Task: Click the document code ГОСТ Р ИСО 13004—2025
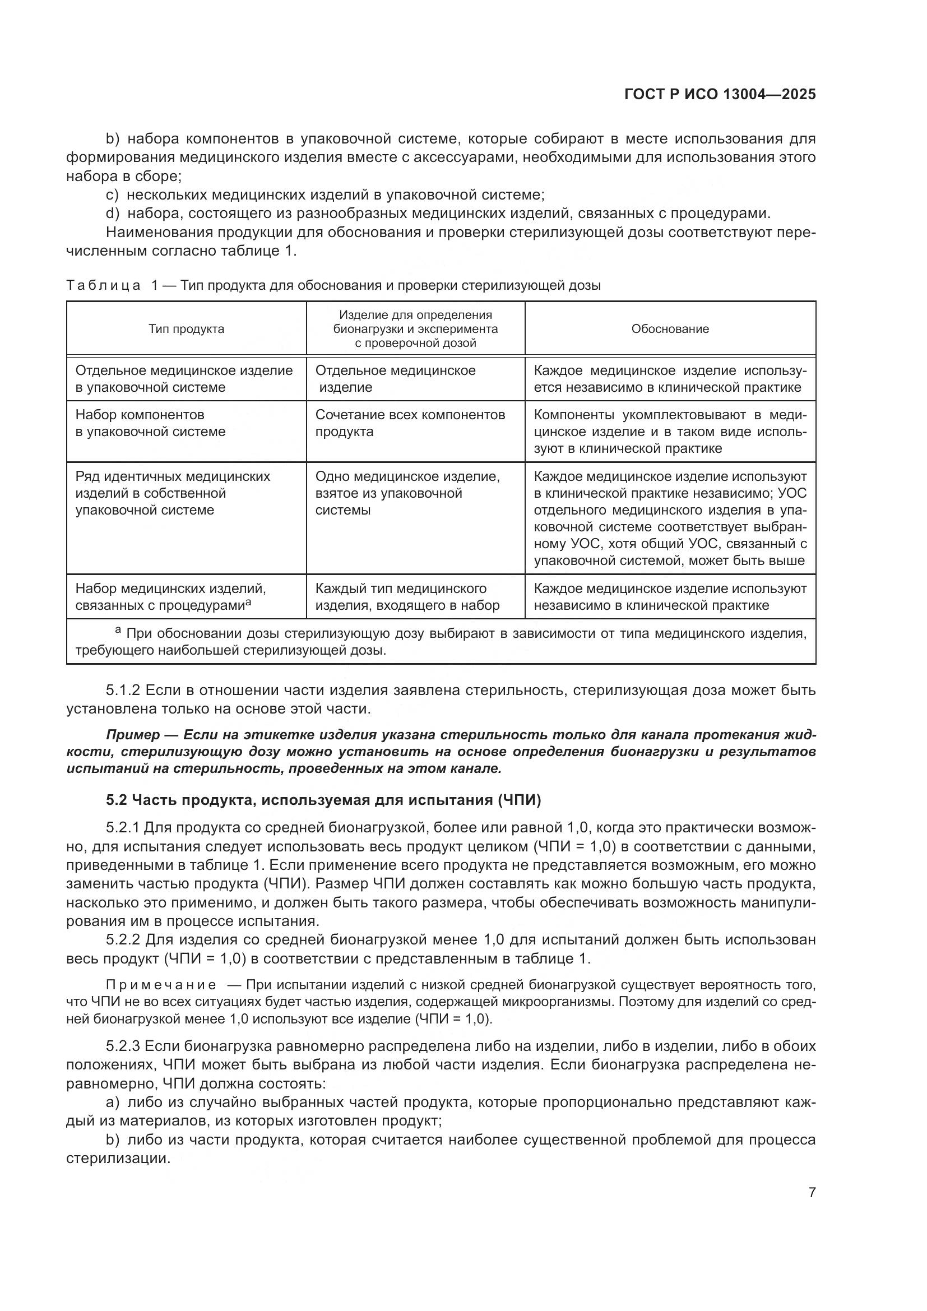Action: (720, 95)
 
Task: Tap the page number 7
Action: (812, 1193)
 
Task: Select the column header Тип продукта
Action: (186, 329)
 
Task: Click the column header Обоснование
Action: (670, 329)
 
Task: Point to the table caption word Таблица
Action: (103, 285)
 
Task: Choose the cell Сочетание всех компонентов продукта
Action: (410, 423)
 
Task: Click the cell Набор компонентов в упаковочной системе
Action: (151, 423)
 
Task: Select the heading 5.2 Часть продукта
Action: (323, 800)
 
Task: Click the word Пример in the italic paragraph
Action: (133, 734)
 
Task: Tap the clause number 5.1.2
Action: (123, 691)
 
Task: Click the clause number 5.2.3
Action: (123, 1046)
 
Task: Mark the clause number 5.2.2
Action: (123, 939)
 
